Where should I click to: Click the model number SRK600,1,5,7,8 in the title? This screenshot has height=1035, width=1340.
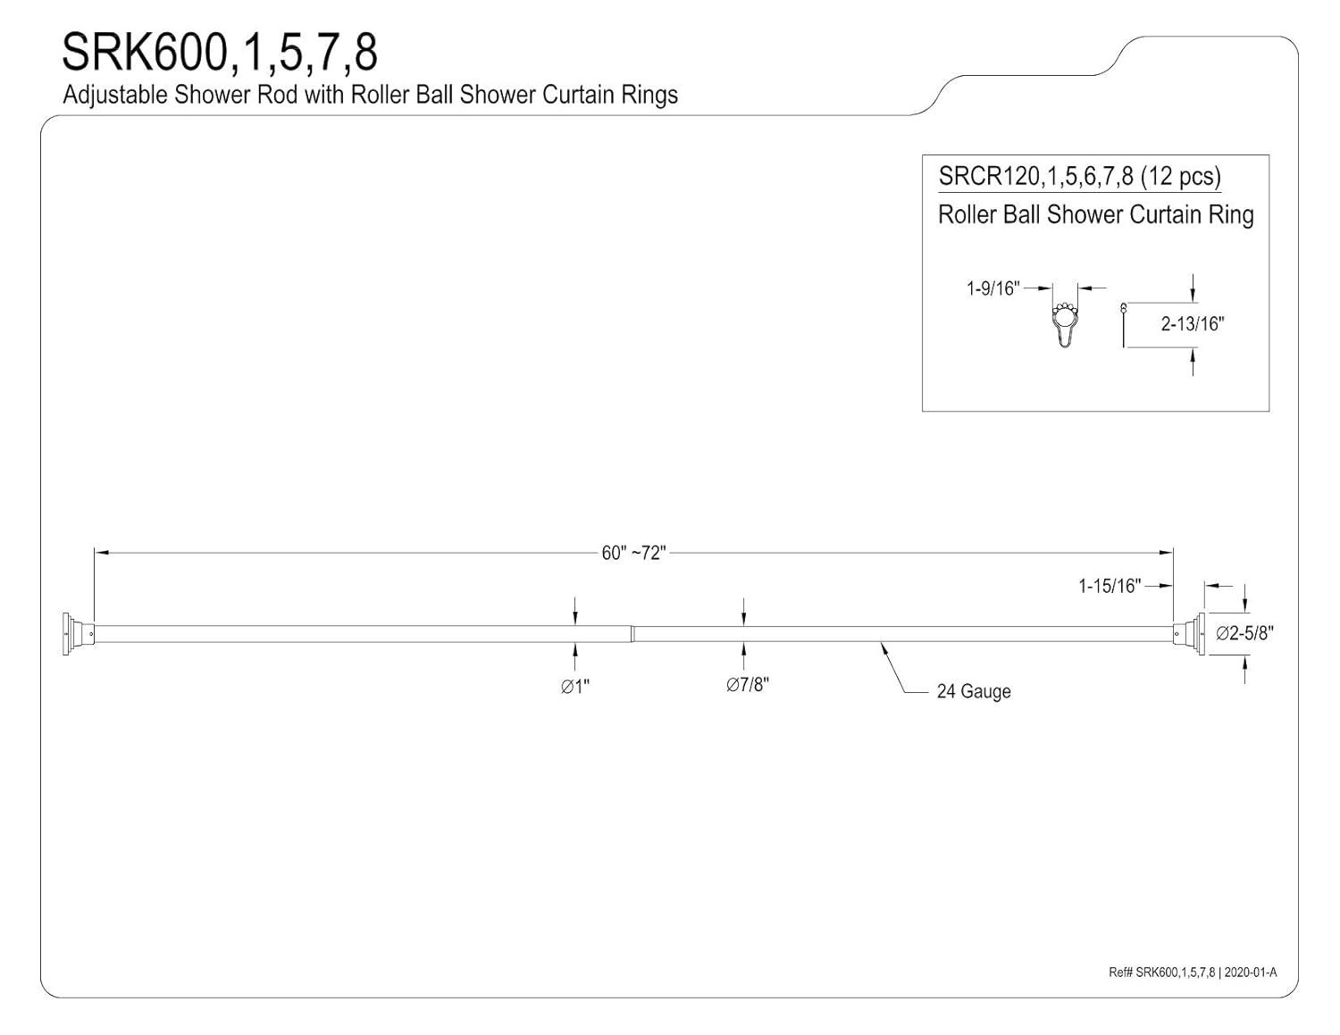click(x=220, y=54)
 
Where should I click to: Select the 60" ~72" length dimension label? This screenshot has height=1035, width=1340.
click(x=634, y=553)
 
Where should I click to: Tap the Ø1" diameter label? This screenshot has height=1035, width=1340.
click(x=574, y=686)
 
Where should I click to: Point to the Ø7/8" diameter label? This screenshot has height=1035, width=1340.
click(x=748, y=684)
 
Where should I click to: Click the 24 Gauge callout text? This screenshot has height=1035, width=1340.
click(x=974, y=692)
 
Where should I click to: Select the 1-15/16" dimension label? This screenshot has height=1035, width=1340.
click(x=1110, y=586)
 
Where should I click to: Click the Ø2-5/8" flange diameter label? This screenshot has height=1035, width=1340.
click(x=1244, y=633)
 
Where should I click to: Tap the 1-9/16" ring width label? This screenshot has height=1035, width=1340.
click(x=992, y=288)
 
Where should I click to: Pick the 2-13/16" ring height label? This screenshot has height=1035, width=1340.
click(x=1192, y=323)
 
